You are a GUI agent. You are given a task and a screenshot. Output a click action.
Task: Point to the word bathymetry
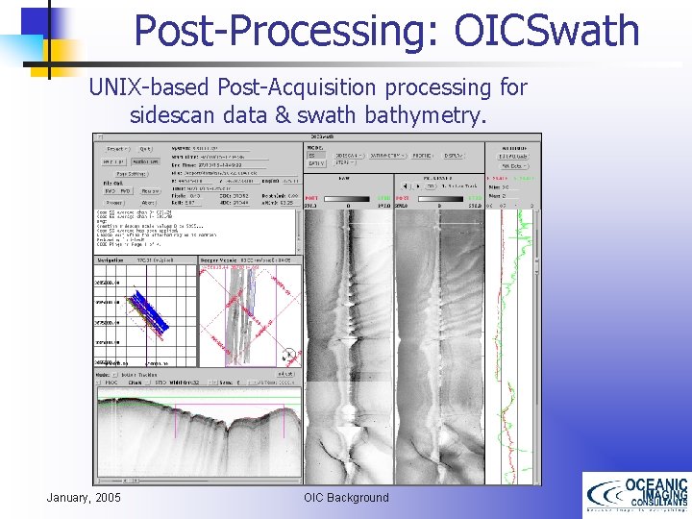[x=438, y=116]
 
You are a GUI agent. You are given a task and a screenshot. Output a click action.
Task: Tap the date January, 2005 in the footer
[x=84, y=497]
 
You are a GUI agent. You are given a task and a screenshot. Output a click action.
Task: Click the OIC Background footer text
[x=346, y=497]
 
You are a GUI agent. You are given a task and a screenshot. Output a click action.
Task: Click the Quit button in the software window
[x=145, y=149]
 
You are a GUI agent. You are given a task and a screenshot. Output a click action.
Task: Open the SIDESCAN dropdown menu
[x=349, y=155]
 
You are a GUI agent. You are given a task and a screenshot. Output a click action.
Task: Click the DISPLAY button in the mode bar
[x=453, y=155]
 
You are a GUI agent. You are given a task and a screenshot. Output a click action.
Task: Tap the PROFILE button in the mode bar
[x=424, y=155]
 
